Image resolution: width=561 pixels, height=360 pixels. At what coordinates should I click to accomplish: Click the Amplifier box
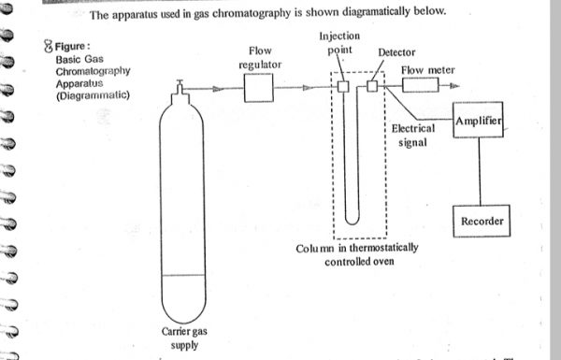[x=478, y=120]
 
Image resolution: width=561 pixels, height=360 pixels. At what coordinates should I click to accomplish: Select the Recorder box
[x=482, y=221]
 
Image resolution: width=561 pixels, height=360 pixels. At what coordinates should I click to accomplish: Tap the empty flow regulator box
[x=259, y=88]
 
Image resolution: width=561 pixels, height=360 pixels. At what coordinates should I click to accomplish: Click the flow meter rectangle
[x=421, y=85]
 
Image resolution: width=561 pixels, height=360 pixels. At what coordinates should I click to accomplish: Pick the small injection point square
[x=343, y=86]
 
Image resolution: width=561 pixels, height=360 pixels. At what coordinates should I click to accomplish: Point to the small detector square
[x=372, y=86]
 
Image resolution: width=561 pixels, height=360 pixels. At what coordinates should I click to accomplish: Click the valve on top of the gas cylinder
[x=180, y=87]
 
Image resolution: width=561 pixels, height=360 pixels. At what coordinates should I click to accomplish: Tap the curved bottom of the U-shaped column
[x=352, y=220]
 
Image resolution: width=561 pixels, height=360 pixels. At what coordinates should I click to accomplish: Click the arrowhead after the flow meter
[x=454, y=85]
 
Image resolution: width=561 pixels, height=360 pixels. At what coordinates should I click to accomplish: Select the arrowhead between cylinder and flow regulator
[x=218, y=89]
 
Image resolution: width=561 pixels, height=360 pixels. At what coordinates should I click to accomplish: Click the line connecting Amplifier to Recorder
[x=480, y=171]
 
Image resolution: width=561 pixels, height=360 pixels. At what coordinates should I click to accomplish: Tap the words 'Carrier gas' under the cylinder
[x=184, y=331]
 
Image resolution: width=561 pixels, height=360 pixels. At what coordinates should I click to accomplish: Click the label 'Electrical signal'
[x=413, y=136]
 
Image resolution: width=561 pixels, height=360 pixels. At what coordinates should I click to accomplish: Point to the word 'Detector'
[x=396, y=52]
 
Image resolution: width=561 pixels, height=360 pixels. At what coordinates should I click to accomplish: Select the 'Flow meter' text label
[x=428, y=70]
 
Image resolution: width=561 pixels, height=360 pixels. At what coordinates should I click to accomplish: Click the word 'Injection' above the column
[x=339, y=36]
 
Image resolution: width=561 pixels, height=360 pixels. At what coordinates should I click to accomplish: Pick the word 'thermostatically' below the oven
[x=383, y=248]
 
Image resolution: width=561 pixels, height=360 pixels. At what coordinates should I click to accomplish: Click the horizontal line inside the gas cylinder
[x=183, y=275]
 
